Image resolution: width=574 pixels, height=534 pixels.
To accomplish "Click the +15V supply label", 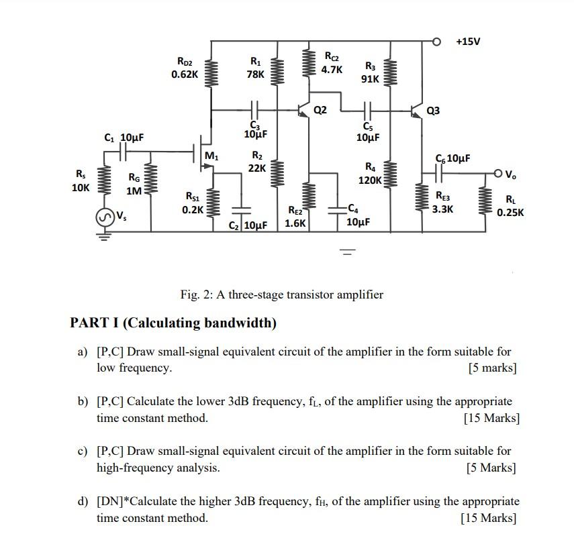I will tap(468, 42).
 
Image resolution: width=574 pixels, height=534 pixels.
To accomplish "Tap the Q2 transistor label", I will tap(321, 109).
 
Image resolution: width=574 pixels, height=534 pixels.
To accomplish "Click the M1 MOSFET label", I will tap(211, 156).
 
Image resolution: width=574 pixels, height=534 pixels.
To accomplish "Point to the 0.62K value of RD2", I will tap(184, 75).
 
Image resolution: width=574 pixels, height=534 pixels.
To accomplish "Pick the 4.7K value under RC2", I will tap(332, 69).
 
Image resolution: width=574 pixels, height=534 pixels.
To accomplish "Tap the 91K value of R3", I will tap(370, 78).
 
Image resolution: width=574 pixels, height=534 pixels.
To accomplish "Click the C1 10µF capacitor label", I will tap(124, 138).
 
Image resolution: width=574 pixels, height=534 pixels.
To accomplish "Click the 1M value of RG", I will tap(134, 191).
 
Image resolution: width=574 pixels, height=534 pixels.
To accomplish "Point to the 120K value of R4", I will tap(370, 180).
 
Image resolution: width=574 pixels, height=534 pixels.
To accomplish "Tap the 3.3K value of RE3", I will tap(442, 209).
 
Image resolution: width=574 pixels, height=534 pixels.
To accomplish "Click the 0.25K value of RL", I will tap(510, 213).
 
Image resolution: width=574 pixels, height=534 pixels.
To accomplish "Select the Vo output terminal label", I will tap(512, 176).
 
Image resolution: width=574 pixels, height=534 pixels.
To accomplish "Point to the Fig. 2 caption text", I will tap(281, 295).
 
